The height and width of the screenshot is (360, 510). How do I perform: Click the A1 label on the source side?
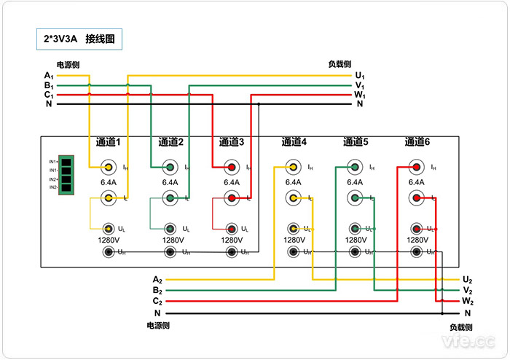click(x=49, y=76)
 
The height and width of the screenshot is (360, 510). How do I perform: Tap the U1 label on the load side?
click(x=360, y=76)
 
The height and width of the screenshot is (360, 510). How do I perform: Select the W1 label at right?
click(x=360, y=95)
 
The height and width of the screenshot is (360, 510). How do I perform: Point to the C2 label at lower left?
click(x=157, y=301)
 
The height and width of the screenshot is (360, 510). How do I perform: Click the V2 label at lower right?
click(x=468, y=290)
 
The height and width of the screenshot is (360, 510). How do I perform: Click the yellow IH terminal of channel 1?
click(x=109, y=168)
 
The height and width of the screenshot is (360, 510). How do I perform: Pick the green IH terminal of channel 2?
click(x=170, y=168)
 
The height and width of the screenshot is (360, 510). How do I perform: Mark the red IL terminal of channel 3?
click(x=232, y=197)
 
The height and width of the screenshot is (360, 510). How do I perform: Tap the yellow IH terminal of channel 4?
click(x=293, y=168)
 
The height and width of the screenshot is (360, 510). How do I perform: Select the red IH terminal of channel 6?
click(x=417, y=168)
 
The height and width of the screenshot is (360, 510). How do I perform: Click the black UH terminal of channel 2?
click(x=170, y=253)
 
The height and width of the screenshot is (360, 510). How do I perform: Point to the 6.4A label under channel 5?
click(x=355, y=182)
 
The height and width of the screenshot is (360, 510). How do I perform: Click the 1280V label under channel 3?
click(x=232, y=240)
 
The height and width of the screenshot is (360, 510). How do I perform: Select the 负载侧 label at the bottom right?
click(x=460, y=327)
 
